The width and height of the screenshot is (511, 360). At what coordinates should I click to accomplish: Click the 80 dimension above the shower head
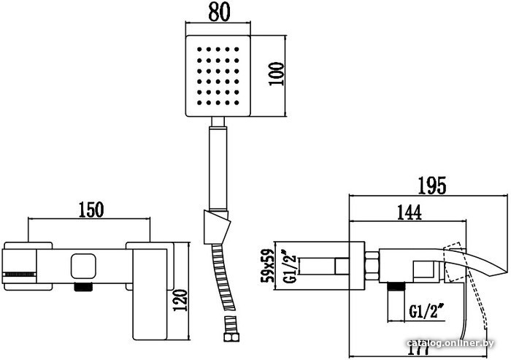coord(219,12)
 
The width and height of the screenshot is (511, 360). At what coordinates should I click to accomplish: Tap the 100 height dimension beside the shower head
coord(276,74)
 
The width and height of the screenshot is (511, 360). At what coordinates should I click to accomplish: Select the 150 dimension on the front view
coord(91,210)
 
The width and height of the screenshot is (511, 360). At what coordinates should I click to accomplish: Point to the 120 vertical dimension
coord(180,300)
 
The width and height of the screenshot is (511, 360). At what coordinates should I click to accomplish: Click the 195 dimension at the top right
coord(431,185)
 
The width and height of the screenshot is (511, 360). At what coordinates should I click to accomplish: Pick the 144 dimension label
coord(410,212)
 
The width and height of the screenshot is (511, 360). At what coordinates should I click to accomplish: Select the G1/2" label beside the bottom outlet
coord(426,311)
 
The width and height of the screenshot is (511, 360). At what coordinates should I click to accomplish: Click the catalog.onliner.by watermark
coord(450,343)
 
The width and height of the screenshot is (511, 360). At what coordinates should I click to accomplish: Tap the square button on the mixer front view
coord(83,267)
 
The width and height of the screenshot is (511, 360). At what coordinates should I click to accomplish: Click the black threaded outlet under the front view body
coord(83,287)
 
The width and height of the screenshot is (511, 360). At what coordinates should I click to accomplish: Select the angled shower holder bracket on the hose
coord(216,227)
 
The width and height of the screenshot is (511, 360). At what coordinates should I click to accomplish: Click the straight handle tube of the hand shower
coord(218,168)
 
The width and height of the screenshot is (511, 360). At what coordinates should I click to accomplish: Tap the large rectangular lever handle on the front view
coord(150,294)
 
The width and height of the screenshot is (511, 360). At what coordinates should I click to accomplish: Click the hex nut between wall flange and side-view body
coord(372,266)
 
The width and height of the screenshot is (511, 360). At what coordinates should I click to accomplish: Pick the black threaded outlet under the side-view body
coord(396,287)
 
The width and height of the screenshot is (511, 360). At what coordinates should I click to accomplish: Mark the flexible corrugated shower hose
coord(223,280)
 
